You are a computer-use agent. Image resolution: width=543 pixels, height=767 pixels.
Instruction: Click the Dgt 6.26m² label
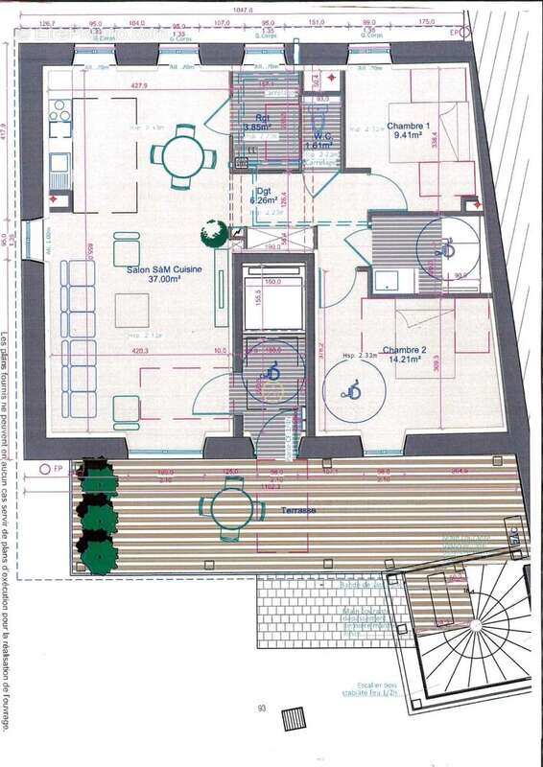[260, 197]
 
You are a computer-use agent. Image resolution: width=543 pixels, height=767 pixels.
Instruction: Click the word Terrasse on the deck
[298, 513]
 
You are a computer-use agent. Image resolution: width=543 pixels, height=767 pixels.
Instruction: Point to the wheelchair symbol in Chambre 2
[353, 388]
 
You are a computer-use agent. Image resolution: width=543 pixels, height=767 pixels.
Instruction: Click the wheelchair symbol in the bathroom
[445, 248]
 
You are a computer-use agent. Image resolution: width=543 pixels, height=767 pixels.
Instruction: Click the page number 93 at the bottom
[261, 709]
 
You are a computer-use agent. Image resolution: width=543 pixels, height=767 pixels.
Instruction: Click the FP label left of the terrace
[45, 469]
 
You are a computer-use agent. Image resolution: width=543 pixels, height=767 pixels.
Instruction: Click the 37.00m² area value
[165, 281]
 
